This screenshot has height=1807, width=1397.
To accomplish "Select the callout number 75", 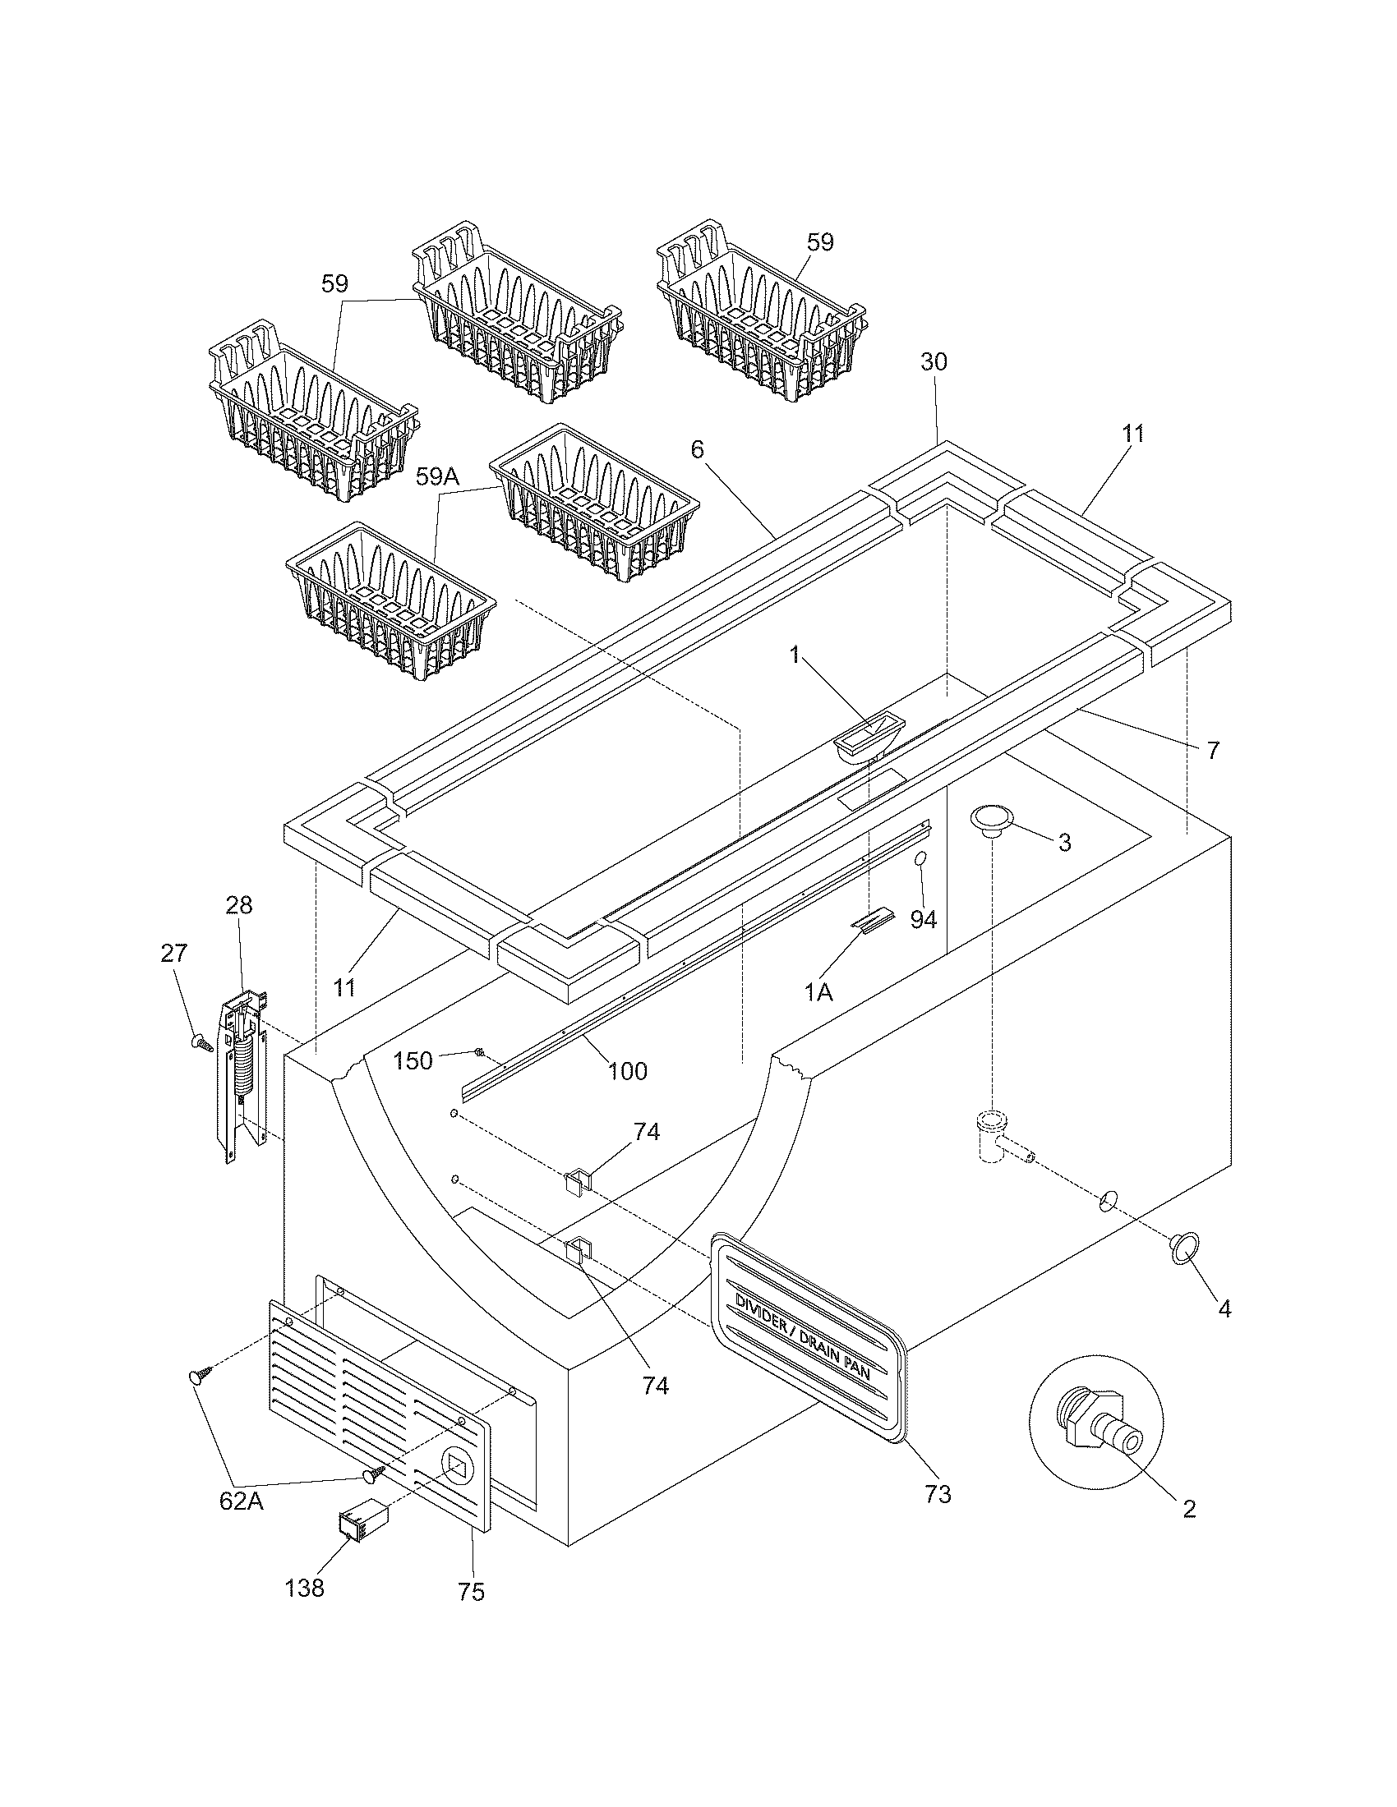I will [x=471, y=1592].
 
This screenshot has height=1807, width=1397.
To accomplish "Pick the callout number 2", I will [x=1188, y=1508].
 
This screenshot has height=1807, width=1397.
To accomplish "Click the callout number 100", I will [x=627, y=1070].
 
